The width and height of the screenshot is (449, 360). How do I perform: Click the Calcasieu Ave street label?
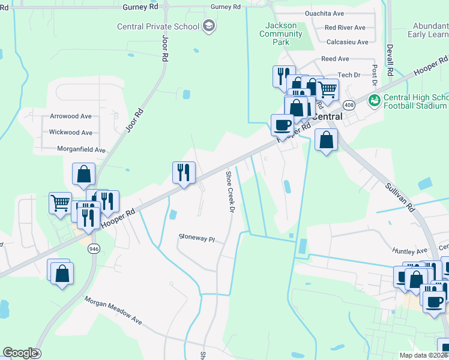346,42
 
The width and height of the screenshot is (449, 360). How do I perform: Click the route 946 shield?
93,249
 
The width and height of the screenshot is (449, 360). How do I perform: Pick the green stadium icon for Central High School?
374,99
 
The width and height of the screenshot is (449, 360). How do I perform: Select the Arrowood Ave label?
70,116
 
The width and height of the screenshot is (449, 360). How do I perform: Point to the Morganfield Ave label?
81,149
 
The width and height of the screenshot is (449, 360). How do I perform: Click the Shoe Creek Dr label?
229,191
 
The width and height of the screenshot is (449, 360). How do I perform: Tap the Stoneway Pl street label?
196,238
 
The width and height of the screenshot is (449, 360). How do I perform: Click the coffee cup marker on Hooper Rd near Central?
282,125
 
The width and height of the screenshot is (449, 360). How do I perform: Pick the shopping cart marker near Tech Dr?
327,89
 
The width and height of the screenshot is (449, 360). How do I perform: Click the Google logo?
19,352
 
